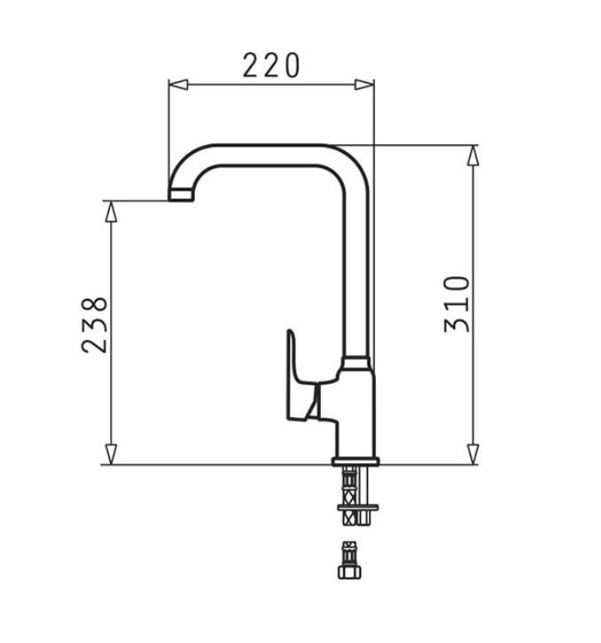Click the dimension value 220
[271, 65]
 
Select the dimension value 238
[96, 325]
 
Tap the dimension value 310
[457, 304]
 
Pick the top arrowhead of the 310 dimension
[473, 155]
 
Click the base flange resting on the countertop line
[356, 461]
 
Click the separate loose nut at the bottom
[348, 561]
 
